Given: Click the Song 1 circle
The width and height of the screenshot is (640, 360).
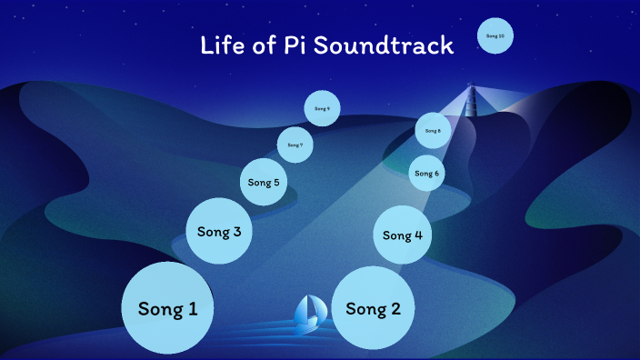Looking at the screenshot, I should click(x=167, y=308).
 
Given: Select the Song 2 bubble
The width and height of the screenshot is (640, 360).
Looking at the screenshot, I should click(x=373, y=308).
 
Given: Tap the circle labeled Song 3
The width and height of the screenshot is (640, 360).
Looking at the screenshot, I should click(x=219, y=231).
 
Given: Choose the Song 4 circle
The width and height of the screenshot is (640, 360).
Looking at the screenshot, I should click(x=403, y=235).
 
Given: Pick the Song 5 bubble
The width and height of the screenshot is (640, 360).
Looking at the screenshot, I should click(x=265, y=182).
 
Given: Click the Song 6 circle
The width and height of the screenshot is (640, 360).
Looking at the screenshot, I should click(x=426, y=173).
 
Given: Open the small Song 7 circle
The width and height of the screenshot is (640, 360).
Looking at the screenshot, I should click(x=295, y=145).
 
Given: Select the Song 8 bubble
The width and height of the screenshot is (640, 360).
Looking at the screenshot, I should click(x=433, y=131).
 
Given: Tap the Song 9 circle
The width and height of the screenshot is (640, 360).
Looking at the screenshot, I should click(x=322, y=108).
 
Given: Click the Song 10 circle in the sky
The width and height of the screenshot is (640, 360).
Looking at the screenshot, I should click(x=495, y=35).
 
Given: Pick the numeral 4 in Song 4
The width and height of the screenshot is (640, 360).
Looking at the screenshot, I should click(x=418, y=235).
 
